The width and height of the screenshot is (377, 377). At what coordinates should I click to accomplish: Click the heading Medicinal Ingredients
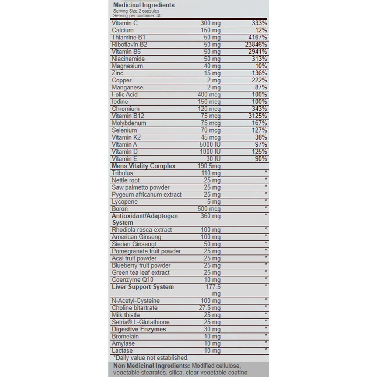(x=144, y=5)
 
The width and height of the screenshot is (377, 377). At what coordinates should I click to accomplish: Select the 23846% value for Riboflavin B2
(x=255, y=45)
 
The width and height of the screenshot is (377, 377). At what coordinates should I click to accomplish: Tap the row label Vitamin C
(x=125, y=23)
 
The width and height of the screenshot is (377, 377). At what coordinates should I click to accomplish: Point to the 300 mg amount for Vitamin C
(x=210, y=23)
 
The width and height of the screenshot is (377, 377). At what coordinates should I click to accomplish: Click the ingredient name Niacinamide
(x=128, y=59)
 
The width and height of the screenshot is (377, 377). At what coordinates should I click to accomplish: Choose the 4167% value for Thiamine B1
(x=257, y=38)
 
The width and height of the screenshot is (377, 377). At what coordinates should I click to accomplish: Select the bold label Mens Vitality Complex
(x=144, y=166)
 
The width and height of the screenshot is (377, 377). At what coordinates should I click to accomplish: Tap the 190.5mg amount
(x=209, y=166)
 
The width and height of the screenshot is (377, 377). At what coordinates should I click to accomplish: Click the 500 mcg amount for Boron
(x=209, y=209)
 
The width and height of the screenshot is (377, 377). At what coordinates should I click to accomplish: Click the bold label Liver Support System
(x=143, y=287)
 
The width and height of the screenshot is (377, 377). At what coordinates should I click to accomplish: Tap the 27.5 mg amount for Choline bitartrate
(x=209, y=308)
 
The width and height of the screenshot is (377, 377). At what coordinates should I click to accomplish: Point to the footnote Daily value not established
(x=150, y=358)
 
